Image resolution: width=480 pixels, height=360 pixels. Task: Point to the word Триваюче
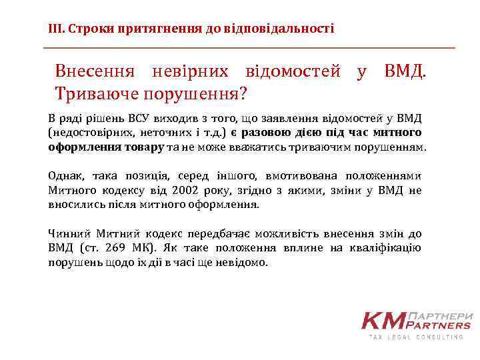click(93, 91)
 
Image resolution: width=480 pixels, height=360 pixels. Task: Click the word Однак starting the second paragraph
click(64, 176)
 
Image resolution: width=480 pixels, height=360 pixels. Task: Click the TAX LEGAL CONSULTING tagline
click(417, 337)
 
